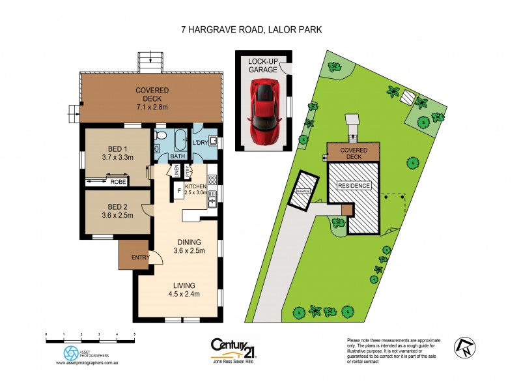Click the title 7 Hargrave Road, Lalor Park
(260, 29)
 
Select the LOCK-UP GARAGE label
(262, 65)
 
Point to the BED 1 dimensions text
(117, 157)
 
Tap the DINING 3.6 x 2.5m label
(189, 246)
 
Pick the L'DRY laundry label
(199, 142)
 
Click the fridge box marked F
(179, 191)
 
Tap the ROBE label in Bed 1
(118, 181)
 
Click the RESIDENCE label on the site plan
(354, 186)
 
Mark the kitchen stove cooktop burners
(212, 179)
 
